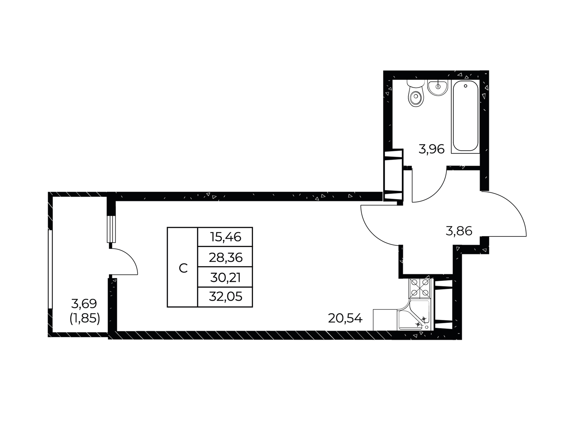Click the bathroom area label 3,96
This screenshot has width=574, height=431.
click(x=431, y=149)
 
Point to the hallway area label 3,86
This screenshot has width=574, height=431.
click(x=459, y=231)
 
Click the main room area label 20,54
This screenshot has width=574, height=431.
click(x=345, y=318)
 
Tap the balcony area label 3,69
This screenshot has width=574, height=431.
click(x=84, y=304)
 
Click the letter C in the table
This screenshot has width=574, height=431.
click(x=183, y=268)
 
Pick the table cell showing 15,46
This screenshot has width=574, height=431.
click(x=225, y=237)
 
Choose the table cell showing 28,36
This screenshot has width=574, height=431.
click(x=225, y=257)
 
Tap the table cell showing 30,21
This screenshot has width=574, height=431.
click(x=225, y=277)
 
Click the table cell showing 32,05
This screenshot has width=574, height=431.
click(x=225, y=297)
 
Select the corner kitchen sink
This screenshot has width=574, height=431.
click(x=415, y=315)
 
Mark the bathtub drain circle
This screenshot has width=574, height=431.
click(x=465, y=86)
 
